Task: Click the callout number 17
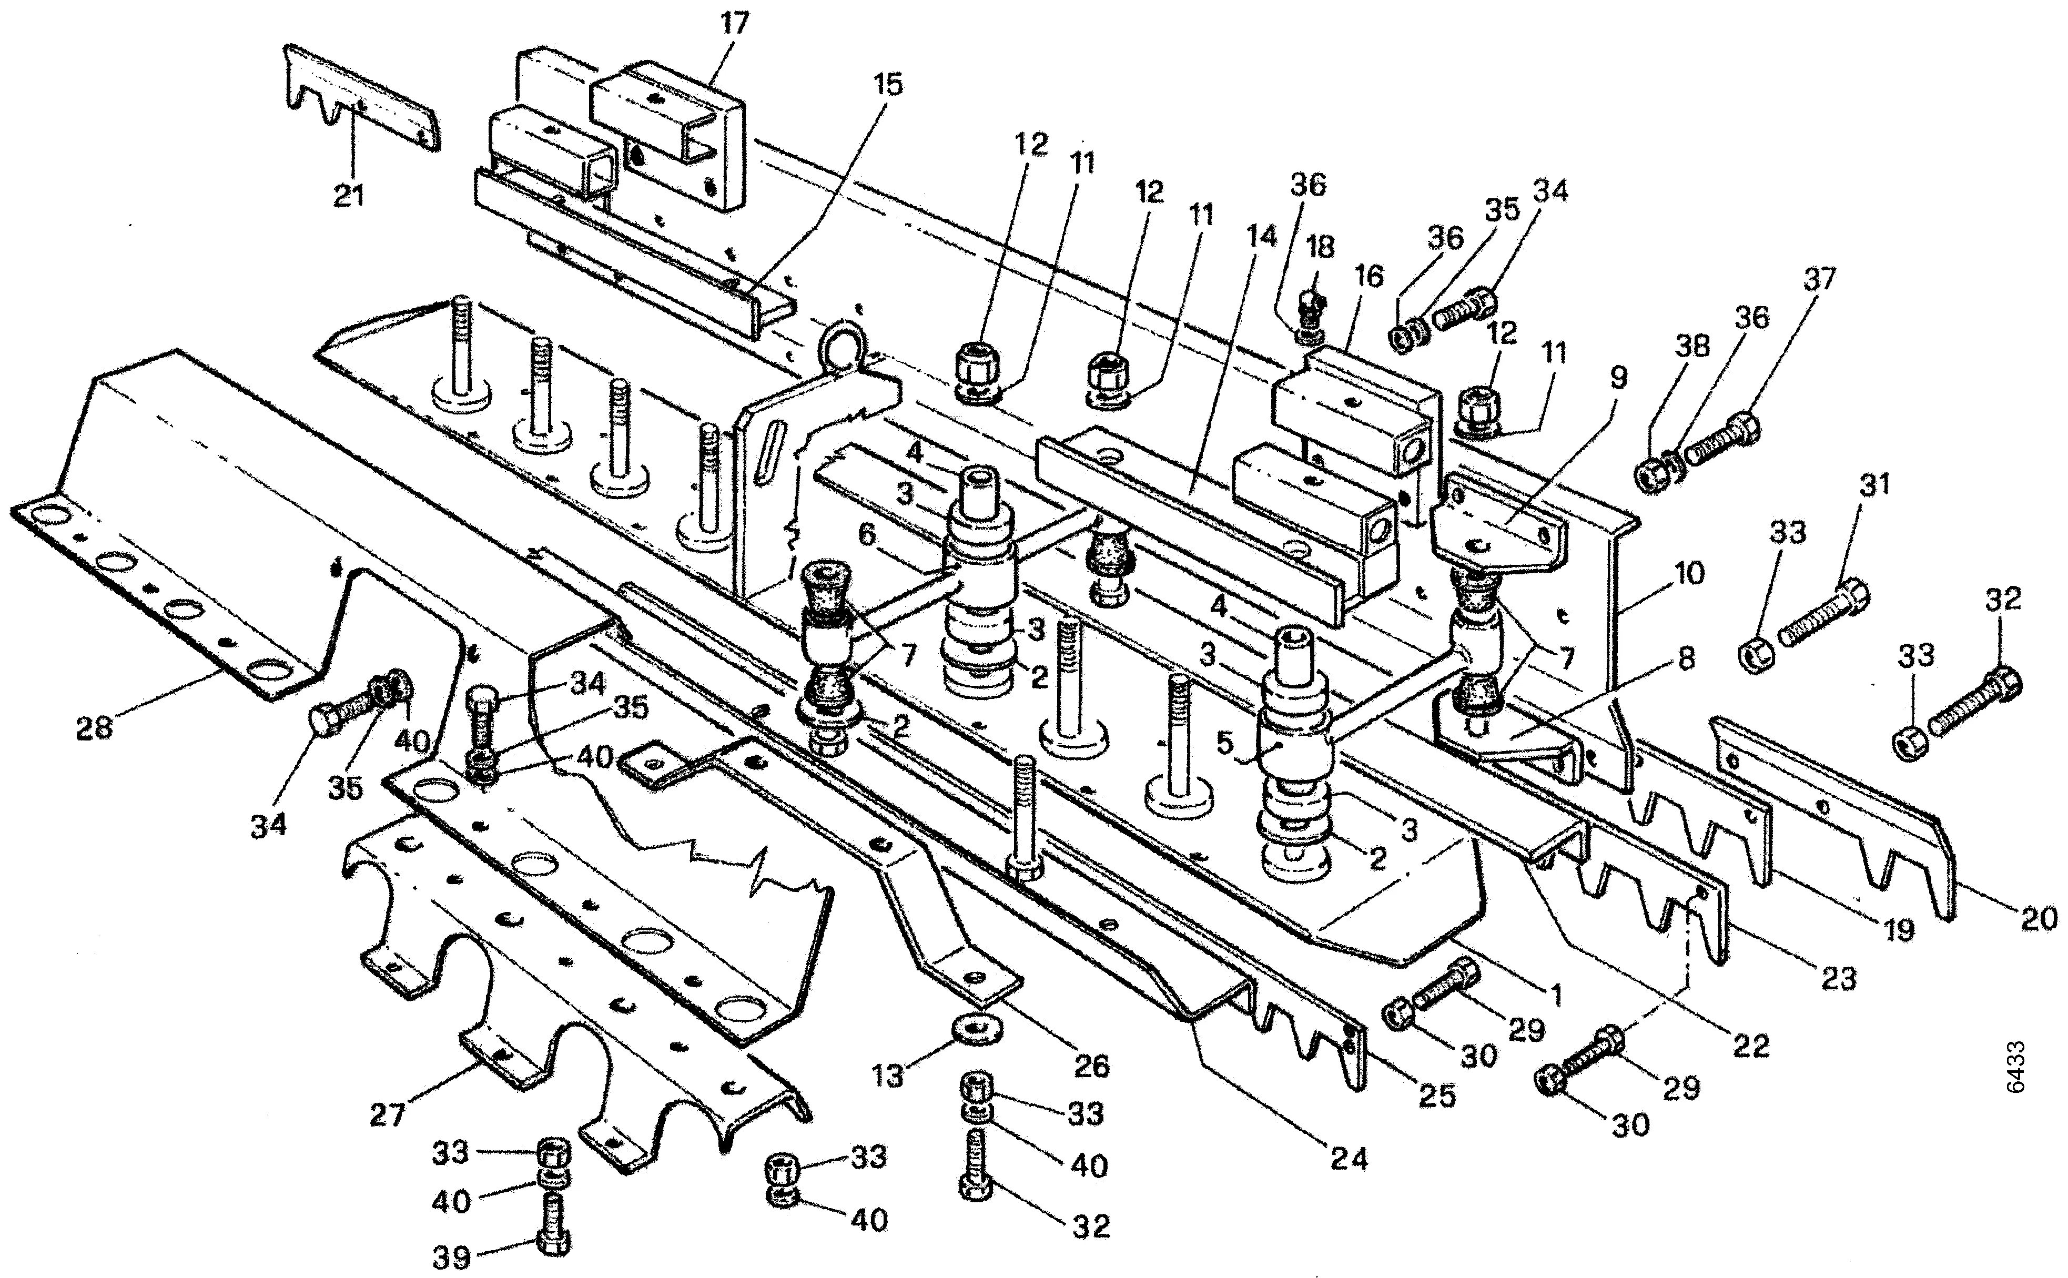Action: coord(734,23)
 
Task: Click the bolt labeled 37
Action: coord(1724,437)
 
